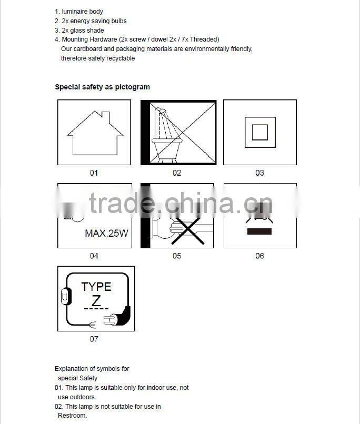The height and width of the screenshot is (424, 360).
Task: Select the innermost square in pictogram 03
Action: click(x=260, y=132)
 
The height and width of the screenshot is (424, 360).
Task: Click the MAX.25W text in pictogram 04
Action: click(x=106, y=233)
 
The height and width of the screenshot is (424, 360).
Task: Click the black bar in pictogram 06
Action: click(x=260, y=231)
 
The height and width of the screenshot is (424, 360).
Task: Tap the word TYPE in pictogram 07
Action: click(x=96, y=287)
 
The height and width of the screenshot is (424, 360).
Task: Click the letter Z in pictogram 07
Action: click(x=96, y=301)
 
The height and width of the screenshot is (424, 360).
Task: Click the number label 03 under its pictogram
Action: click(x=259, y=173)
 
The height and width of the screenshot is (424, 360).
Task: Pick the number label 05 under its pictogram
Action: click(x=177, y=256)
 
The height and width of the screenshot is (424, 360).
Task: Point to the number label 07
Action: click(x=94, y=339)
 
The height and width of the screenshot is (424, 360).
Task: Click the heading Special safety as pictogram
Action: click(x=102, y=87)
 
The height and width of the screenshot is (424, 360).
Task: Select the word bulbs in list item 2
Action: click(x=118, y=21)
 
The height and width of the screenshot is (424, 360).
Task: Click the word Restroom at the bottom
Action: click(x=72, y=416)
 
